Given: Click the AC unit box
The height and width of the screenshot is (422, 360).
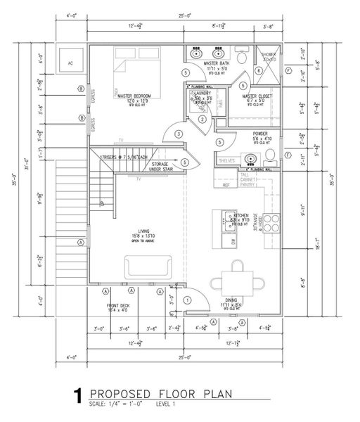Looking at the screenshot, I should [69, 61].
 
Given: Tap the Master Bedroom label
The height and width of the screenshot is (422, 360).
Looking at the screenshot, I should [136, 99].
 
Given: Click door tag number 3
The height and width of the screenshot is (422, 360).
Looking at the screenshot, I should [179, 134].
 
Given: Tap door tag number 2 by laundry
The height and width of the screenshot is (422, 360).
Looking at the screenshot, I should [202, 119].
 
